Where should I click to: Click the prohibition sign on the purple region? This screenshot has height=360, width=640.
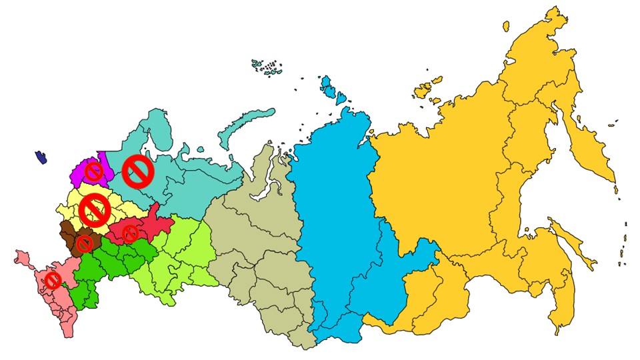(94, 173)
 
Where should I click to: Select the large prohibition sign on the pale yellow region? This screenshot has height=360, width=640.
(94, 210)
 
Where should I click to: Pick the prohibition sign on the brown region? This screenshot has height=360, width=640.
(85, 243)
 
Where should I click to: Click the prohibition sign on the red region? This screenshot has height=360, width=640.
(130, 233)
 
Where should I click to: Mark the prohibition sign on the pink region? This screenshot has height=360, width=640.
(53, 280)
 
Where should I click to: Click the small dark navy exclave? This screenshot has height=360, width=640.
(42, 157)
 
